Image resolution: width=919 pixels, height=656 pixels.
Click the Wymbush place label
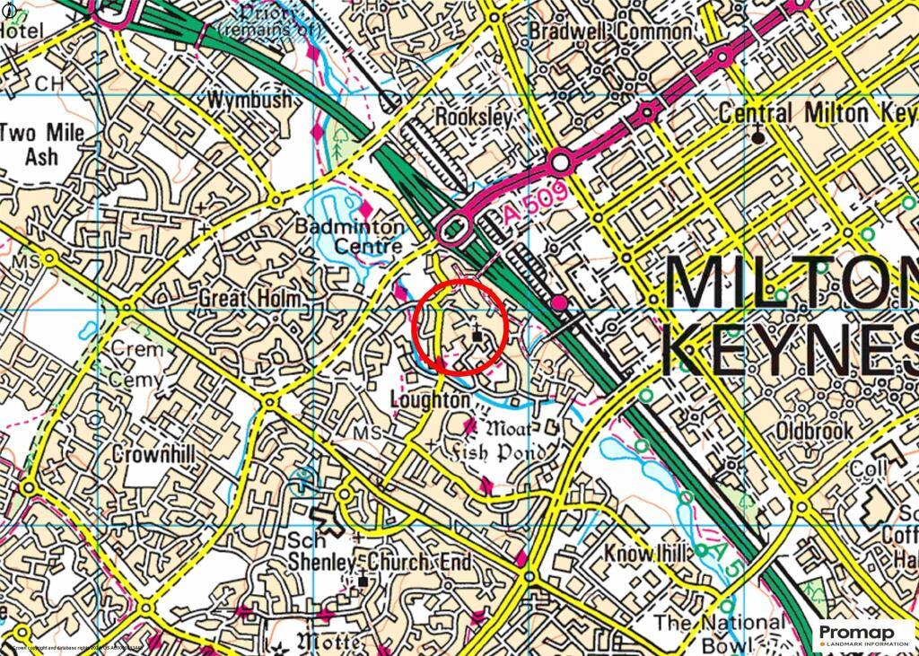249,100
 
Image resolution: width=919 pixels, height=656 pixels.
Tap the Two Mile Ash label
41,144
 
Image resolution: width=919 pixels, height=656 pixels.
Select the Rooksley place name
473,118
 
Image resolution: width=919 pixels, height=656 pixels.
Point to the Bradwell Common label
595,31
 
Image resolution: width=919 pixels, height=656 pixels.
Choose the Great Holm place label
249,297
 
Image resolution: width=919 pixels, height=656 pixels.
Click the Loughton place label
431,399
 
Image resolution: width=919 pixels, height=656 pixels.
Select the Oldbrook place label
814,432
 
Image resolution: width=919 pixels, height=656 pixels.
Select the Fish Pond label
500,451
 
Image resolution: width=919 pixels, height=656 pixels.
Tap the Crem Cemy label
136,363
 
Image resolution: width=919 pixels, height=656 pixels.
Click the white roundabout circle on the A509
562,162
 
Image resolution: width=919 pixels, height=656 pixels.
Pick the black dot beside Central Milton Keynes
759,137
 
